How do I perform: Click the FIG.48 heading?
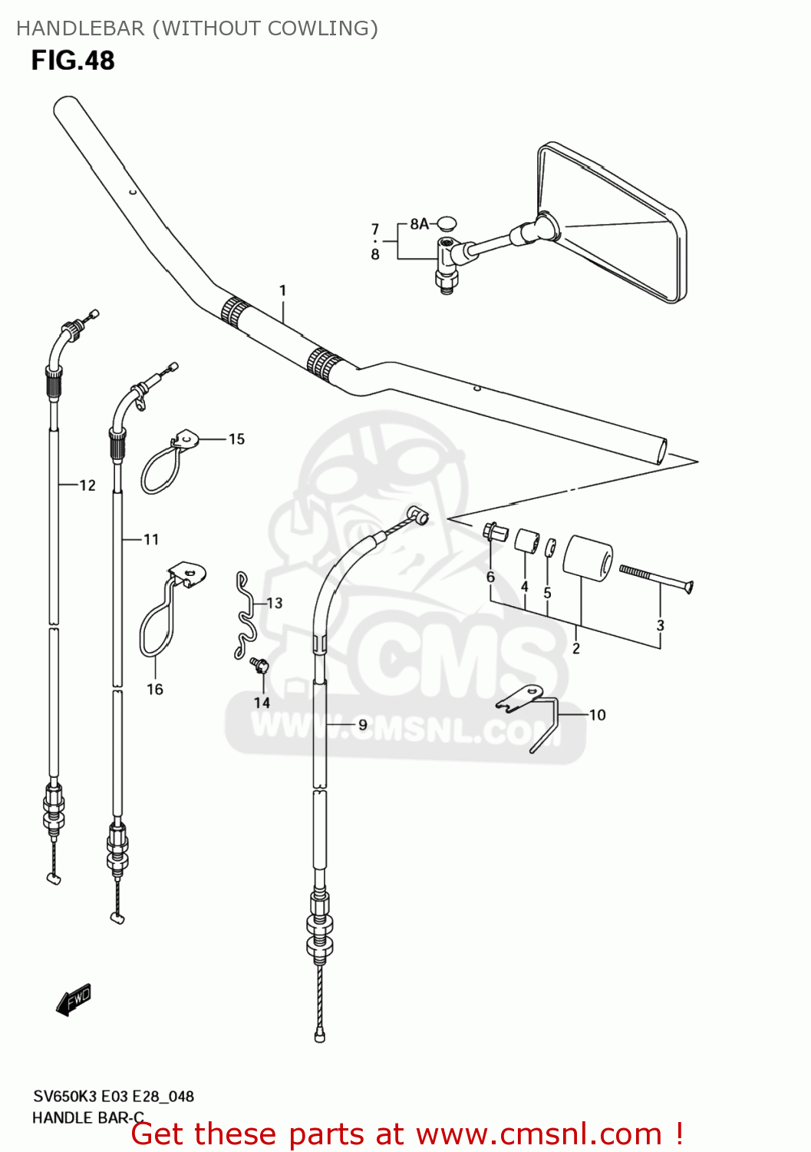pos(73,61)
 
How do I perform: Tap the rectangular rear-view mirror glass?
pos(614,223)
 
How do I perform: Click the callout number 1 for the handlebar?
pos(282,290)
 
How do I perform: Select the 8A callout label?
pos(419,223)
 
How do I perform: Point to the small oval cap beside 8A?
pos(446,223)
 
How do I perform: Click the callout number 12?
pos(87,485)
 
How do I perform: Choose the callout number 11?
pos(150,540)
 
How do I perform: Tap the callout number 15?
pos(236,439)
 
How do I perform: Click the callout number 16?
pos(155,689)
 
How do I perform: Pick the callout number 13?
pos(274,604)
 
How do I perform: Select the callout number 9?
pos(362,724)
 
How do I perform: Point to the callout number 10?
pos(598,715)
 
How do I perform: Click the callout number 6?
pos(490,577)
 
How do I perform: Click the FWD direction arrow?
pos(74,1000)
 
